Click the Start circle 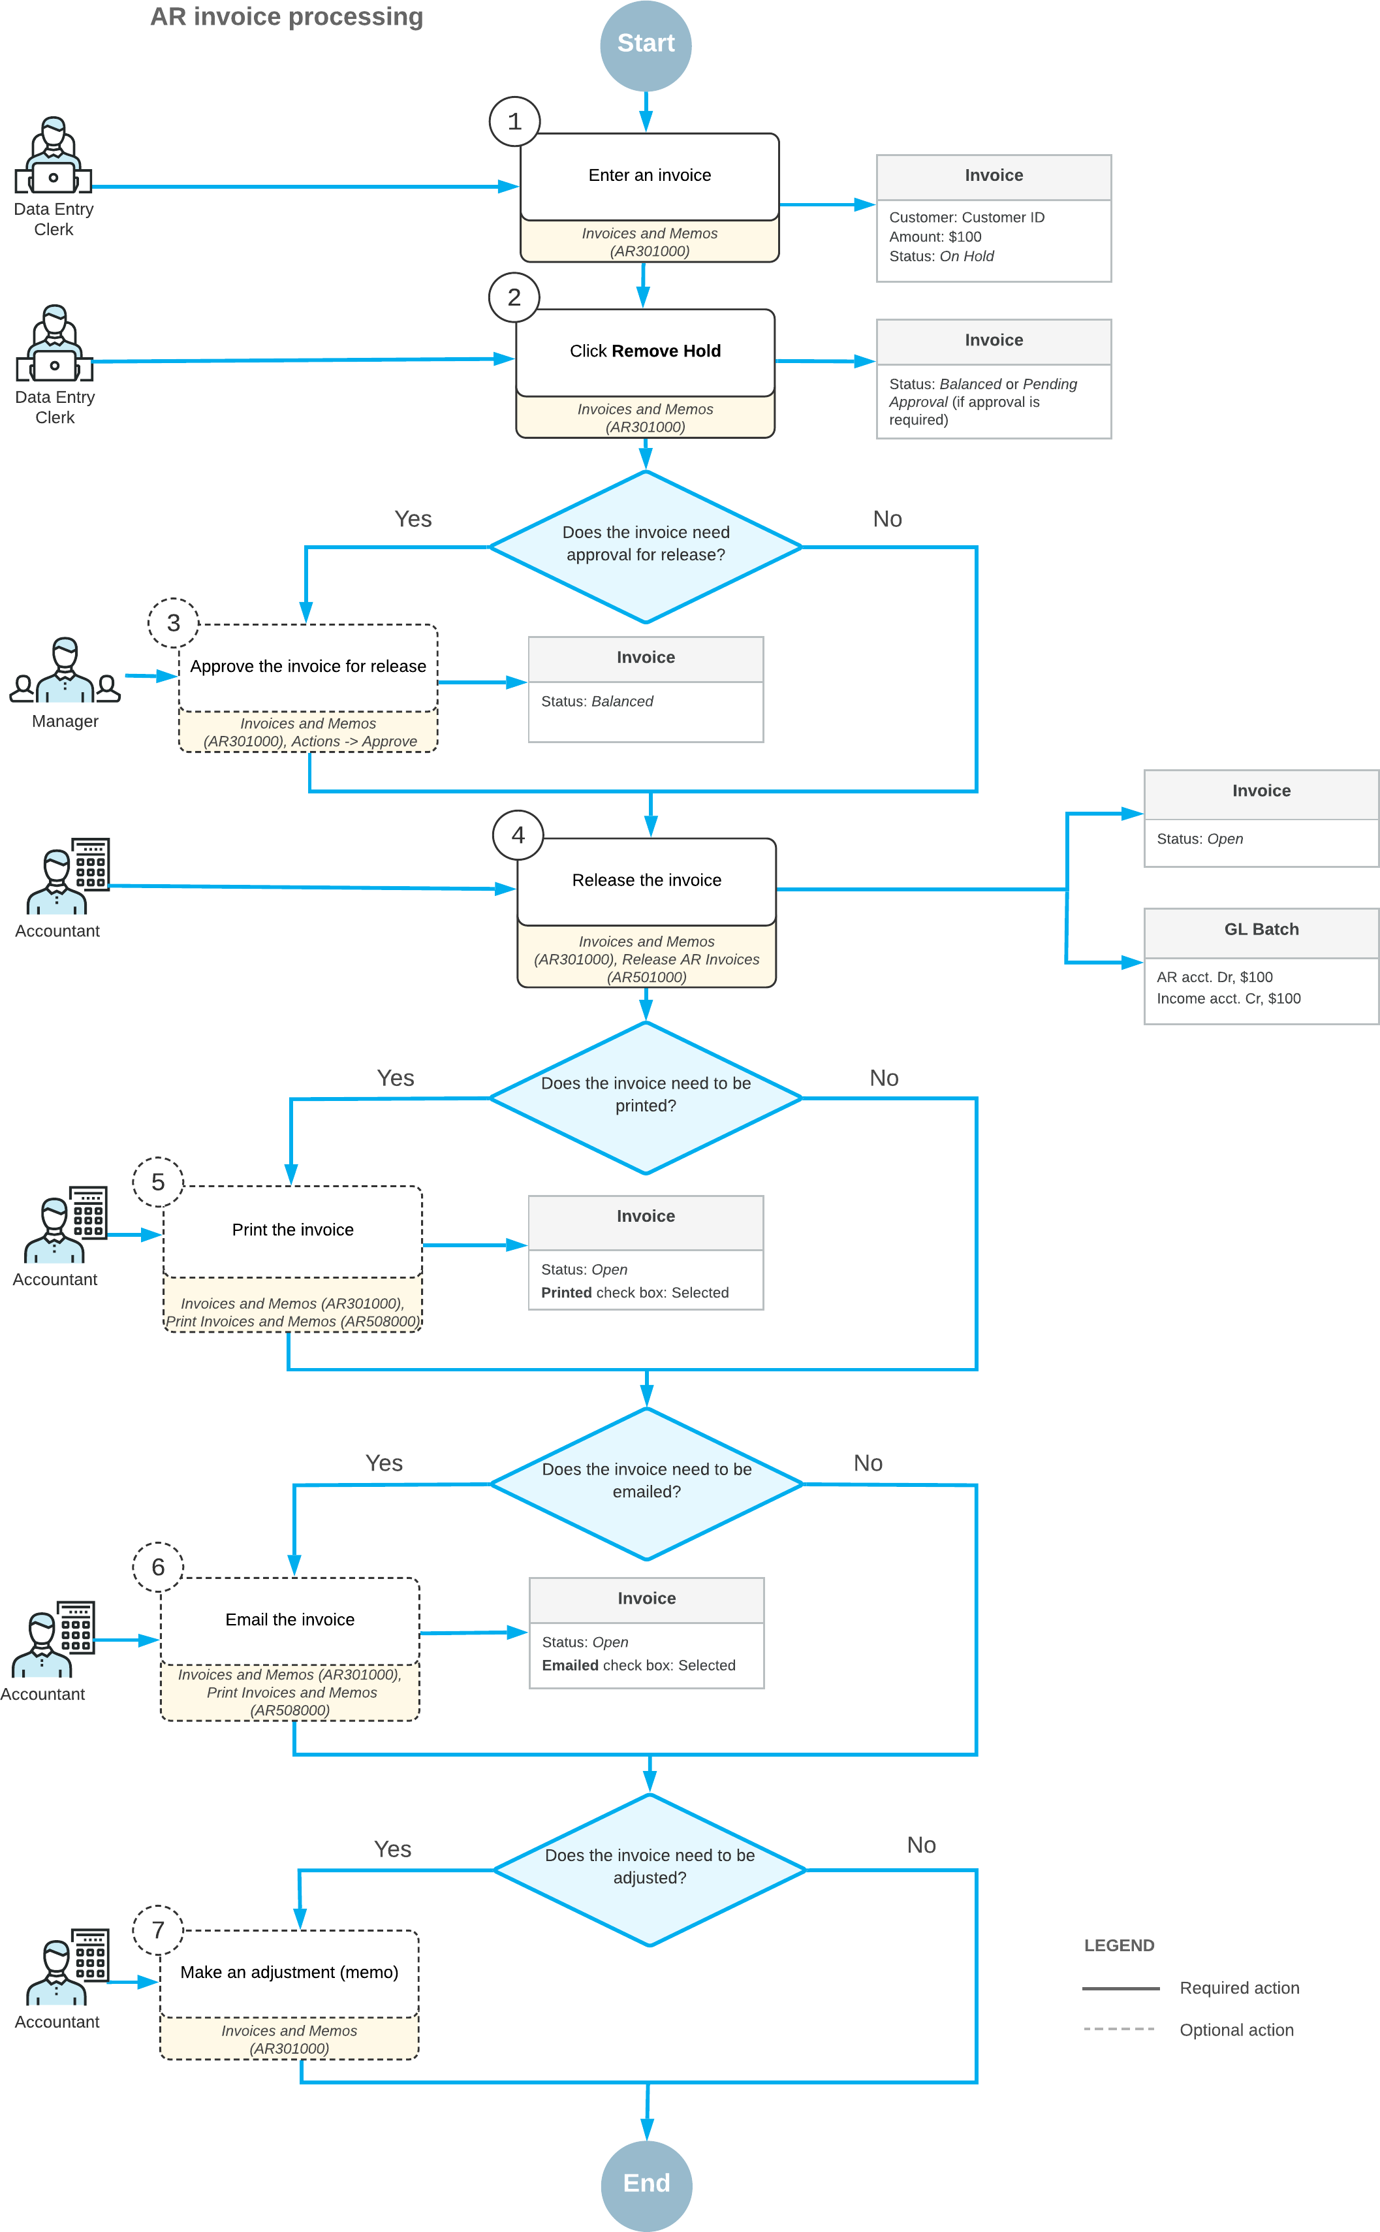pyautogui.click(x=645, y=44)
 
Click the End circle pyautogui.click(x=646, y=2184)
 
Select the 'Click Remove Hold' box pyautogui.click(x=645, y=351)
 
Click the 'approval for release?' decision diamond pyautogui.click(x=645, y=545)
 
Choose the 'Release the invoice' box pyautogui.click(x=646, y=880)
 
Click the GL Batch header pyautogui.click(x=1261, y=929)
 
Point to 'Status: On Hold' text pyautogui.click(x=941, y=257)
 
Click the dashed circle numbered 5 pyautogui.click(x=158, y=1182)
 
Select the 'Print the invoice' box pyautogui.click(x=292, y=1230)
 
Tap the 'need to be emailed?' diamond pyautogui.click(x=646, y=1480)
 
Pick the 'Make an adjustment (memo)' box pyautogui.click(x=289, y=1972)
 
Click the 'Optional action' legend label pyautogui.click(x=1236, y=2030)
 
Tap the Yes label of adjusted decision pyautogui.click(x=392, y=1849)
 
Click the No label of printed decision pyautogui.click(x=883, y=1078)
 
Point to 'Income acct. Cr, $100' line pyautogui.click(x=1228, y=998)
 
